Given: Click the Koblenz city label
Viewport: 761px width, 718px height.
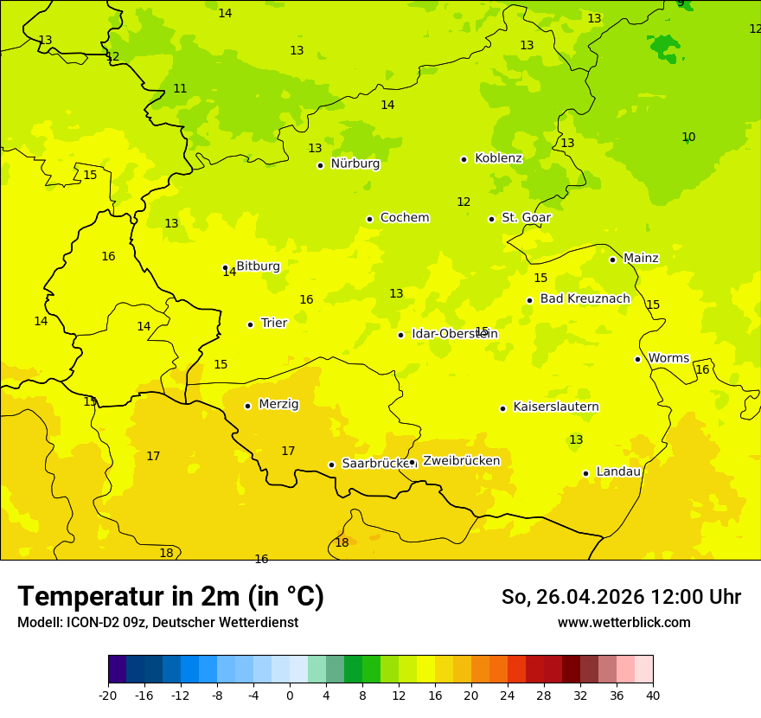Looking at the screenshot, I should pyautogui.click(x=498, y=158).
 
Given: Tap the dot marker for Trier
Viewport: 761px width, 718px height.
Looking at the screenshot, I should pyautogui.click(x=250, y=324).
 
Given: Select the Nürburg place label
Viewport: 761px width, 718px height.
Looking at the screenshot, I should pyautogui.click(x=355, y=163).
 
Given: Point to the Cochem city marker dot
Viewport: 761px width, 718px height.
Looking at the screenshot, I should pyautogui.click(x=369, y=219).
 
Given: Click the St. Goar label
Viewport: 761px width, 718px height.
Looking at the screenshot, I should pyautogui.click(x=526, y=218).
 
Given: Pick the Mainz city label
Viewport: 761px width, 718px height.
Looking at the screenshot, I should pyautogui.click(x=641, y=258).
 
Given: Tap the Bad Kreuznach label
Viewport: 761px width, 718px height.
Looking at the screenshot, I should pyautogui.click(x=585, y=299).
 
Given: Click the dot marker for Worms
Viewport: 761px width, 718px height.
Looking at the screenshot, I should pyautogui.click(x=637, y=359).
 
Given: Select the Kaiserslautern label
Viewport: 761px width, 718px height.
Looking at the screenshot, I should pyautogui.click(x=556, y=407).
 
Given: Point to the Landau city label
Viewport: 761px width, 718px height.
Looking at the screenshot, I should pyautogui.click(x=618, y=472).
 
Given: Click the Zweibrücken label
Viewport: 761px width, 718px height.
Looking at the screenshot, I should pyautogui.click(x=461, y=461).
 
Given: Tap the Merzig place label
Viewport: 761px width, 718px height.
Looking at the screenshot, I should pyautogui.click(x=278, y=404).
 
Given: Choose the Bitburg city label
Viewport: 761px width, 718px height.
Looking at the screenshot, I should pyautogui.click(x=258, y=266).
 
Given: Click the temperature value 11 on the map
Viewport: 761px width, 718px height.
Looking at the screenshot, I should pyautogui.click(x=180, y=89).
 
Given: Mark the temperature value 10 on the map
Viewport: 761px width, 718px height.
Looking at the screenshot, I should pyautogui.click(x=688, y=138).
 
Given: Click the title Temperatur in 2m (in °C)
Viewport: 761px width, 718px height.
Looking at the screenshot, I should pyautogui.click(x=170, y=597).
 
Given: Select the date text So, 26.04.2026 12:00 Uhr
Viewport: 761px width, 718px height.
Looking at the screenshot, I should pyautogui.click(x=621, y=597).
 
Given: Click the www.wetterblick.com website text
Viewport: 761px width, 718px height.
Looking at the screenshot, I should pyautogui.click(x=624, y=623).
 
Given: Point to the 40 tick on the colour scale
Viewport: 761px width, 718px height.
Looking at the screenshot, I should pyautogui.click(x=653, y=695).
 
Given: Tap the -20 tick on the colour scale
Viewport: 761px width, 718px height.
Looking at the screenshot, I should pyautogui.click(x=108, y=695).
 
